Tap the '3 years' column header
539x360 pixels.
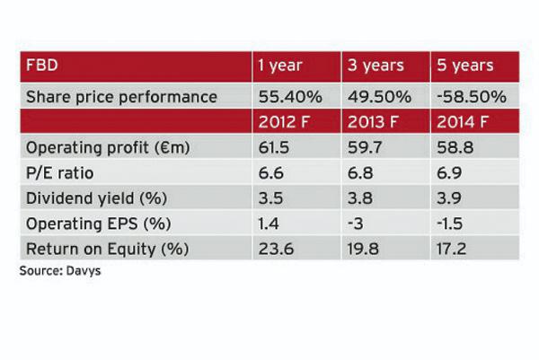tap(376, 66)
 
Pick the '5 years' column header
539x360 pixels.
tap(466, 66)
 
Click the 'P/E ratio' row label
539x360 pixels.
tap(64, 171)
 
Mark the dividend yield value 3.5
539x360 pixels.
tap(269, 196)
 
